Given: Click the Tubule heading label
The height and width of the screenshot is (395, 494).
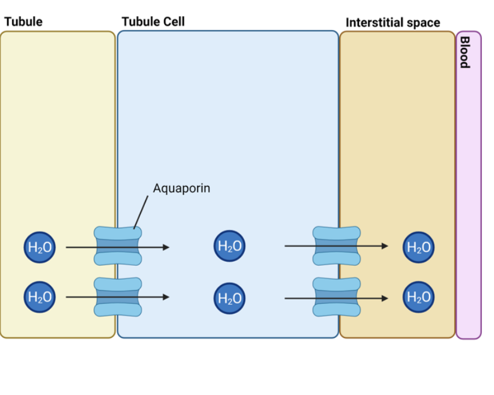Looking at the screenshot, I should pos(23,22).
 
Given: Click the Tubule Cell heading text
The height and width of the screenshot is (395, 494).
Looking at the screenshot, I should pos(153,22).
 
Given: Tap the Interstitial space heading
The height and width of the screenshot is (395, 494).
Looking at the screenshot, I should pos(393,23).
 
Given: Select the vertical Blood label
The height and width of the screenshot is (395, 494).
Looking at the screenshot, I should pos(464,52).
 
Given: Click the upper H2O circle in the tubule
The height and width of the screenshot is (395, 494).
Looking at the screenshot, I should pos(40,247).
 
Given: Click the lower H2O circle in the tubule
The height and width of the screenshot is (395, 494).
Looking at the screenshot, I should pos(40,297).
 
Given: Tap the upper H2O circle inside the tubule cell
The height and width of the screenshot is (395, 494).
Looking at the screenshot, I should pos(229,246).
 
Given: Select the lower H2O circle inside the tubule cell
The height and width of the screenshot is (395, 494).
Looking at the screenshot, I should pos(229,298).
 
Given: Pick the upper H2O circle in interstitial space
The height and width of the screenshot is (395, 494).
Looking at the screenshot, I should pos(419,247).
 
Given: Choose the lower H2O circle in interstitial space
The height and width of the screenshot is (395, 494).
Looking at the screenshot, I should pos(419,297).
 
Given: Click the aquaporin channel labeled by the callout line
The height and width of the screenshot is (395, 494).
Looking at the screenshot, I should pos(118,246).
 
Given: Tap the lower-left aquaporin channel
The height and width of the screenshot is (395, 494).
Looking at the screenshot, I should pos(118,297).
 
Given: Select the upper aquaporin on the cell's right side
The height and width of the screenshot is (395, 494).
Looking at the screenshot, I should pos(337,246).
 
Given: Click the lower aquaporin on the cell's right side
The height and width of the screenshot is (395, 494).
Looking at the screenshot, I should pos(337,297).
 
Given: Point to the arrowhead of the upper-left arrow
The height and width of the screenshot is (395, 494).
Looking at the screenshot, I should pos(166,247).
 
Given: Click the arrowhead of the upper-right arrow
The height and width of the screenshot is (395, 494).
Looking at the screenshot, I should pos(385,246).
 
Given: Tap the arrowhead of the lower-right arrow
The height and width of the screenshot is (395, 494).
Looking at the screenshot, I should pos(385,298).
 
